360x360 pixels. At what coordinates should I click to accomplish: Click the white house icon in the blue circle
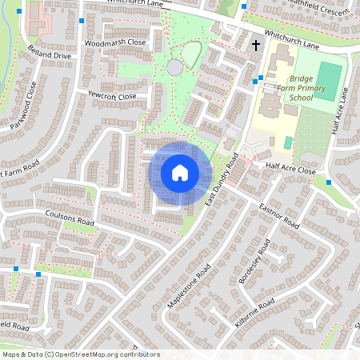click(180, 173)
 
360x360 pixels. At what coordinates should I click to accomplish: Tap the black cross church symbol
click(256, 46)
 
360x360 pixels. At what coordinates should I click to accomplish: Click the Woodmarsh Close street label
click(115, 42)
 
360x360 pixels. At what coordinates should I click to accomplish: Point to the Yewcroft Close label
click(113, 96)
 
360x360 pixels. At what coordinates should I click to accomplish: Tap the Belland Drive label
click(50, 55)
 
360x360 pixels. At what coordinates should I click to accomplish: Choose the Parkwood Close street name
click(24, 117)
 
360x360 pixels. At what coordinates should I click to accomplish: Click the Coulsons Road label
click(70, 217)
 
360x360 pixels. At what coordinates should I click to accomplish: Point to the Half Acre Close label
click(290, 171)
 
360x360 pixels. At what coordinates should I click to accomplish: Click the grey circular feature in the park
click(175, 68)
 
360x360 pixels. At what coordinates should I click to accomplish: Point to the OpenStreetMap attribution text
click(81, 354)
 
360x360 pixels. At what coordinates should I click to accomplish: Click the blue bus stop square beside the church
click(254, 81)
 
